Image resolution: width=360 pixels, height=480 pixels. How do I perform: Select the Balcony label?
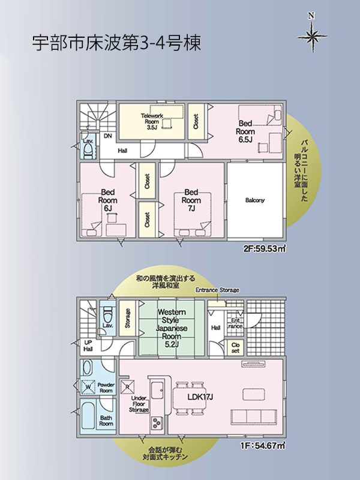[255, 200]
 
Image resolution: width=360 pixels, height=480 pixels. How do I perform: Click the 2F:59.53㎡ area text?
[265, 249]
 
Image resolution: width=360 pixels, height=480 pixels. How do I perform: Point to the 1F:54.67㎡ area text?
[263, 446]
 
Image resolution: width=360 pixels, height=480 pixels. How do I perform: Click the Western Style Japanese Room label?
[172, 328]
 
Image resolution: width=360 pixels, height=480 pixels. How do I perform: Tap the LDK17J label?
[200, 397]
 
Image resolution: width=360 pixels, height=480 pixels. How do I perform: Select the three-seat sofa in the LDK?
[254, 416]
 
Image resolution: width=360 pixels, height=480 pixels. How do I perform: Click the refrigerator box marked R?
[127, 386]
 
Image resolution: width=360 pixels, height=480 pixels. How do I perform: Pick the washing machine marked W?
[88, 386]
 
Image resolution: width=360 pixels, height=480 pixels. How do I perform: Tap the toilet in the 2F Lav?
[88, 149]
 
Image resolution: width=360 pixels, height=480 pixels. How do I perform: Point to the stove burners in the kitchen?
[157, 423]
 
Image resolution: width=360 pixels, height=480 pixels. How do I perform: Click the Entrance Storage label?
[217, 290]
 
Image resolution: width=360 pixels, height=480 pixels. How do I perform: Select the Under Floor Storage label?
[139, 404]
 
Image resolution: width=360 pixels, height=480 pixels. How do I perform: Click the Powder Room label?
[106, 388]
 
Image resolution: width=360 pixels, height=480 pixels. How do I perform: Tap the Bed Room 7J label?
[191, 200]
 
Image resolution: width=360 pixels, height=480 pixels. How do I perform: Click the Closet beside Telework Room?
[196, 121]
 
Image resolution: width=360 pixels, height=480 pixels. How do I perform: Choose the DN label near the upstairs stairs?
[108, 136]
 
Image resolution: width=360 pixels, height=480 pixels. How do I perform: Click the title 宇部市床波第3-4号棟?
[116, 43]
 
